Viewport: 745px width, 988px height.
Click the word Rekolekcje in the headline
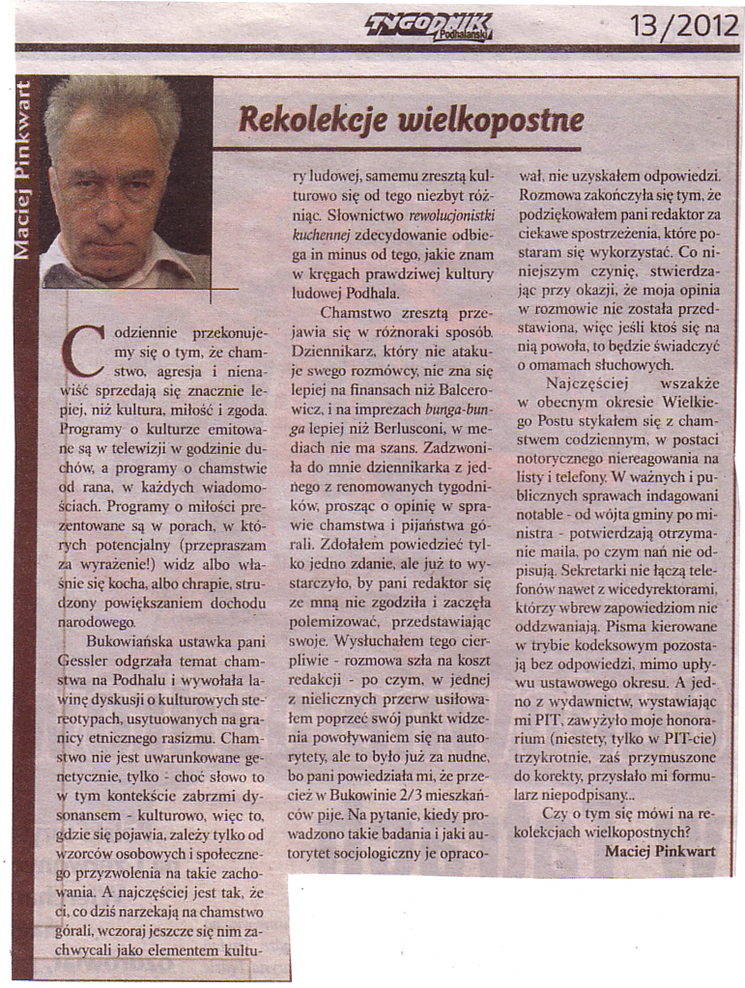pos(305,120)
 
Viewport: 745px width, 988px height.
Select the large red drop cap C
pos(84,353)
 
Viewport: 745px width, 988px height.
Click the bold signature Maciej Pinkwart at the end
pos(661,850)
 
